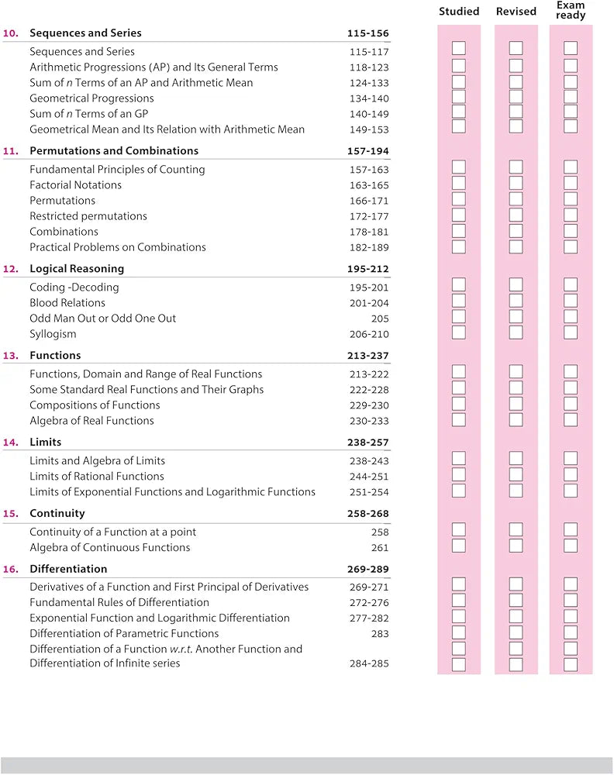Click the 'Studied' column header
(x=459, y=12)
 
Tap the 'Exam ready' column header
(x=571, y=10)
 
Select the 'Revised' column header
(x=516, y=12)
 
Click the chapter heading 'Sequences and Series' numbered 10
(x=85, y=33)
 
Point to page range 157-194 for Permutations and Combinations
(x=368, y=151)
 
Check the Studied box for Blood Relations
(x=459, y=301)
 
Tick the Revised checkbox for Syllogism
(x=516, y=332)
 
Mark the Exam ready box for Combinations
(x=571, y=230)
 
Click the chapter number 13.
(x=11, y=356)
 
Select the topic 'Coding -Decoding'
(x=74, y=288)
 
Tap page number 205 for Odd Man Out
(x=380, y=319)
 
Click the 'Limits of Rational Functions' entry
(x=97, y=477)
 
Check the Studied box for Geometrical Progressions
(x=459, y=96)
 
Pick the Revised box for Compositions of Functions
(x=516, y=404)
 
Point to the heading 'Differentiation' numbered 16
(x=63, y=570)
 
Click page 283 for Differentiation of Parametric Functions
(x=380, y=634)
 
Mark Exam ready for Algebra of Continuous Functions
(x=571, y=546)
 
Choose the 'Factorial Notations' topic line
(x=76, y=185)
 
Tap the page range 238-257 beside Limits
(x=368, y=443)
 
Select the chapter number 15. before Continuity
(x=11, y=514)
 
